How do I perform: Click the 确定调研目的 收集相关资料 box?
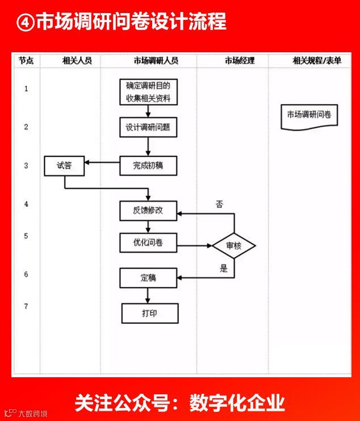coord(148,92)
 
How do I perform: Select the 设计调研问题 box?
coord(148,127)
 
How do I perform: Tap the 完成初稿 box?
coord(148,166)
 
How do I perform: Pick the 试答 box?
coord(64,166)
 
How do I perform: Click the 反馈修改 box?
coord(148,210)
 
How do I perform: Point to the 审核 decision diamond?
coord(233,246)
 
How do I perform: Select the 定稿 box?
coord(148,278)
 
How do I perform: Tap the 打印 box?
coord(150,313)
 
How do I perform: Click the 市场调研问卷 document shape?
coord(309,116)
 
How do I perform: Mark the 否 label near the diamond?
coord(219,203)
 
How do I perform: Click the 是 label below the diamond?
coord(223,268)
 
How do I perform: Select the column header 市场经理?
coord(240,60)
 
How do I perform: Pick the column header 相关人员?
coord(77,60)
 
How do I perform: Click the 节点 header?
coord(26,60)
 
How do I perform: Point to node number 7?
coord(26,306)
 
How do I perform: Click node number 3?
coord(26,165)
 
